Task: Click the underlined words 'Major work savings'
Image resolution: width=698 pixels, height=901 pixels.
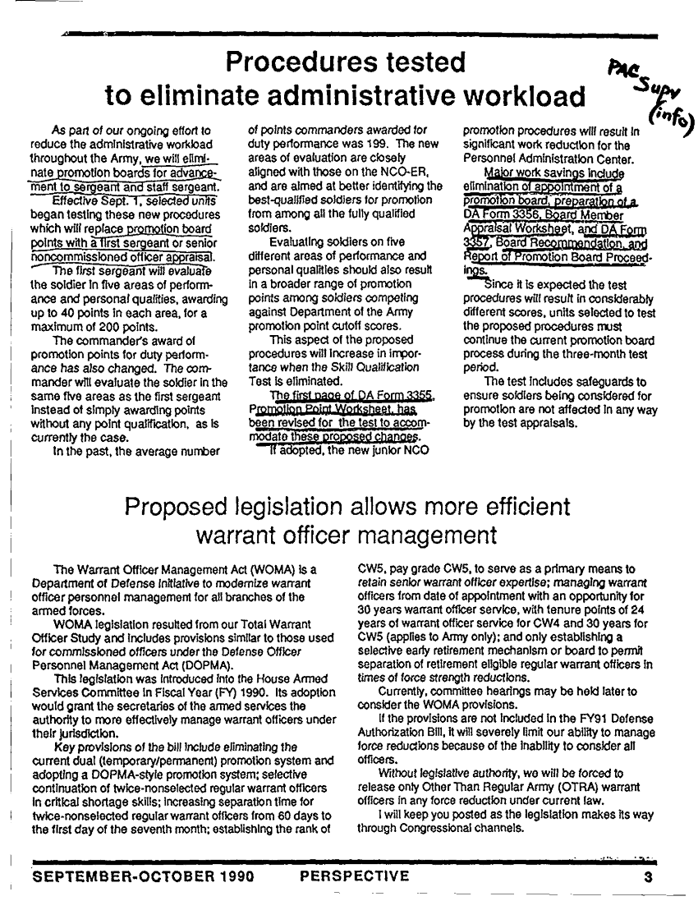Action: [x=526, y=174]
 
